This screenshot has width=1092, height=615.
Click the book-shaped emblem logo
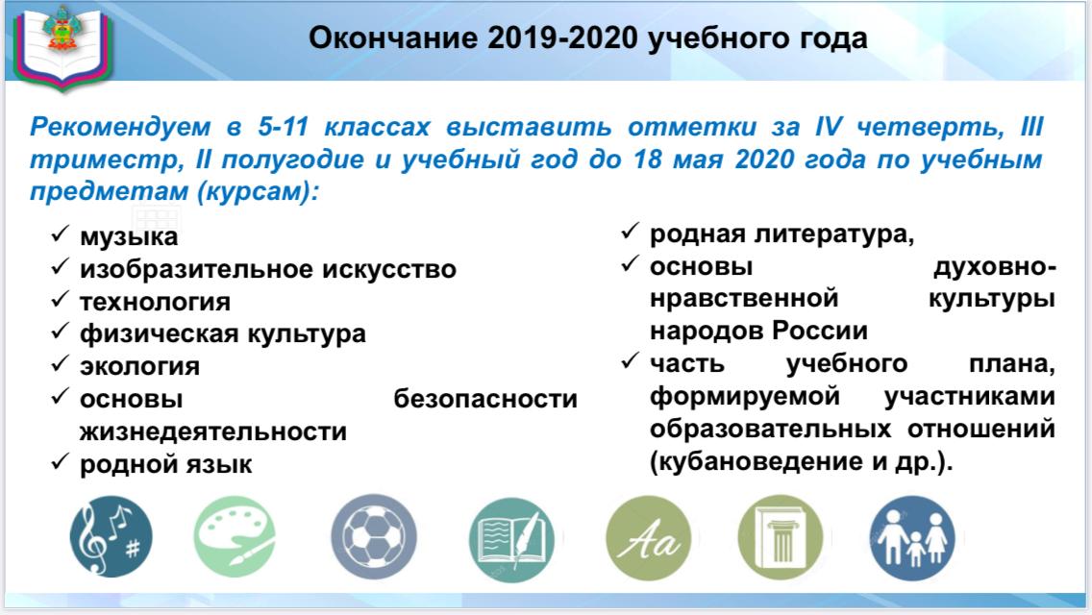[x=62, y=45]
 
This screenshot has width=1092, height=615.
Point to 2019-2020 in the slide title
[x=562, y=38]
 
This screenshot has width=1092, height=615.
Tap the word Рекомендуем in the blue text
[x=120, y=127]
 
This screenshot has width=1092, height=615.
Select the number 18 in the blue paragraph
[x=647, y=160]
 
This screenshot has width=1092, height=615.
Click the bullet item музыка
[x=129, y=236]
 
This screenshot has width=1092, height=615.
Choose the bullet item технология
[x=155, y=302]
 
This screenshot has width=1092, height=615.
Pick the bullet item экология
[x=139, y=366]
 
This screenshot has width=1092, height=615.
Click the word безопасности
[x=485, y=399]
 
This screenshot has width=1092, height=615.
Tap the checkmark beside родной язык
[x=61, y=461]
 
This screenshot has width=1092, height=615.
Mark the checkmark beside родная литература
[x=631, y=231]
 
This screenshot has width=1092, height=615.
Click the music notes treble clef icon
[x=112, y=536]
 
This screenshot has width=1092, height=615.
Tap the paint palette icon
[x=235, y=536]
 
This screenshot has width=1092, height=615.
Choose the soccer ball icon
[x=374, y=537]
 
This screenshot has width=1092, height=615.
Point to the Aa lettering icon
[x=648, y=537]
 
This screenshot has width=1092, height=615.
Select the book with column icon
[x=781, y=537]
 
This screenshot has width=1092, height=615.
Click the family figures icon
[x=912, y=538]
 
